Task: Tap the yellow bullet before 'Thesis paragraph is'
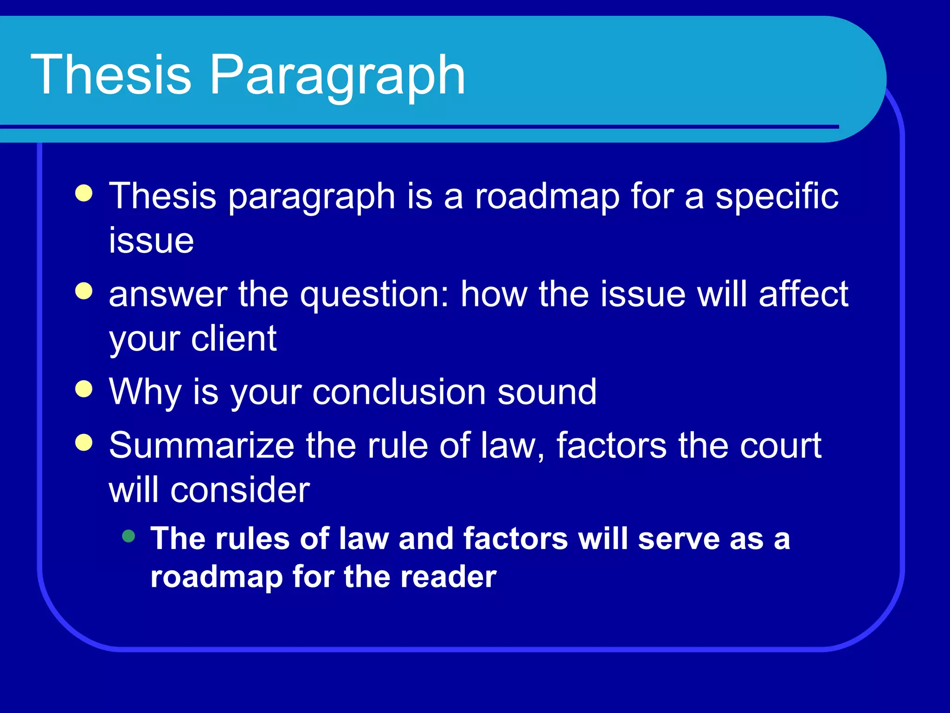tap(84, 193)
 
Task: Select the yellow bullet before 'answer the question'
tap(84, 292)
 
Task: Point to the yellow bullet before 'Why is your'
tap(84, 389)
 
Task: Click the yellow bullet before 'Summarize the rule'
tap(84, 442)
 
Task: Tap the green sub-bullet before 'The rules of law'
tap(128, 537)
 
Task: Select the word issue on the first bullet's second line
tap(151, 240)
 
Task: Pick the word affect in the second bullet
tap(803, 294)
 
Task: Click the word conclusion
tap(399, 392)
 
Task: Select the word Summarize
tap(201, 446)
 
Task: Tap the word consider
tap(240, 490)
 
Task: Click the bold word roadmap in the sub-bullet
tap(217, 578)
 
